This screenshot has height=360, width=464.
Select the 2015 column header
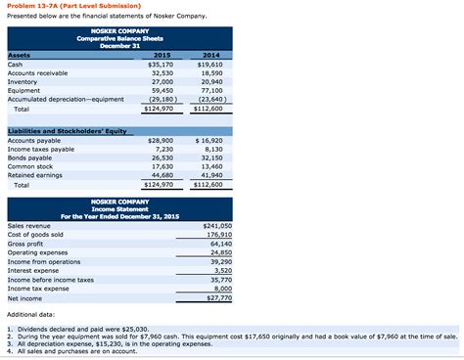click(x=163, y=56)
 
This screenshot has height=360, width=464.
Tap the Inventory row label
click(x=23, y=82)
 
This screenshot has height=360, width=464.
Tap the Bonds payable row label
click(x=30, y=158)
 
